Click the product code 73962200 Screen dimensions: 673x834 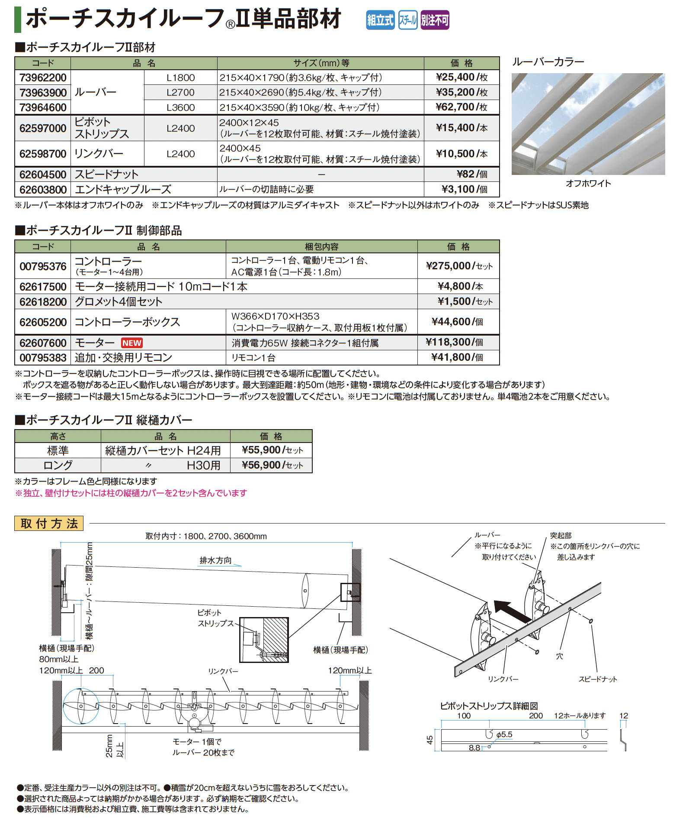[x=43, y=78]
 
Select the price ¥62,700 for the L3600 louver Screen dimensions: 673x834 [x=461, y=107]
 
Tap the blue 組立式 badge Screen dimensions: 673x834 [x=380, y=20]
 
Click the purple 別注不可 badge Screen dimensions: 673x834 [x=435, y=20]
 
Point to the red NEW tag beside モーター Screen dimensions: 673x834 [x=132, y=343]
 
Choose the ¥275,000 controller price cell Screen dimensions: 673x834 [x=459, y=266]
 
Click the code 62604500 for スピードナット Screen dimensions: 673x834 [x=43, y=175]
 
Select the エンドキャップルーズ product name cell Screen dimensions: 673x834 [x=123, y=189]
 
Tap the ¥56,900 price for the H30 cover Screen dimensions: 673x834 [x=272, y=465]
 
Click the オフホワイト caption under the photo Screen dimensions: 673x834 [x=588, y=184]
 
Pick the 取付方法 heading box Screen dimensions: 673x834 [x=49, y=524]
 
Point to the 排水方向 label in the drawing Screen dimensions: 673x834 [x=215, y=560]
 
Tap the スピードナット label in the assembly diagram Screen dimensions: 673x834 [x=598, y=679]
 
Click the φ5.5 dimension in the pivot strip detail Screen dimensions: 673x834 [x=504, y=734]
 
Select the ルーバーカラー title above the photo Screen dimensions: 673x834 [x=548, y=62]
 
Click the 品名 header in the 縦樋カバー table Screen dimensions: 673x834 [x=165, y=436]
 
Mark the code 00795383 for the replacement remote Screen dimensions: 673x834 [x=43, y=358]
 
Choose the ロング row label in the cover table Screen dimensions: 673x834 [x=58, y=465]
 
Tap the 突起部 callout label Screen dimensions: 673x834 [x=561, y=536]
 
